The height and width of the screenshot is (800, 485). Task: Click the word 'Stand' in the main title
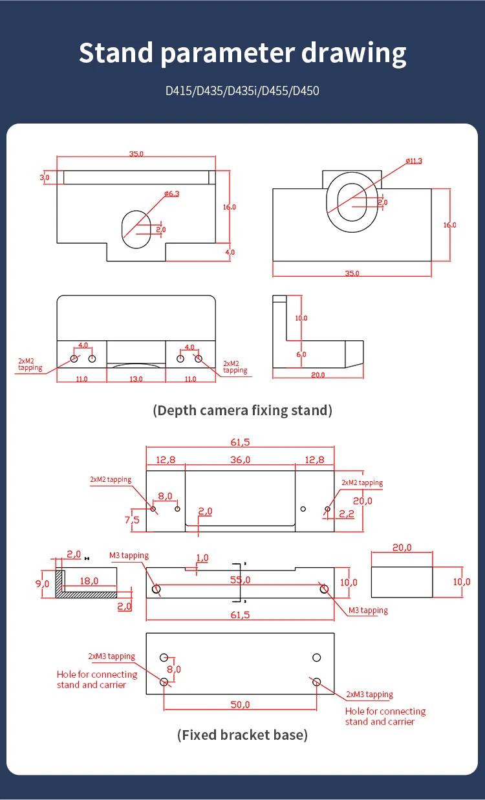point(116,52)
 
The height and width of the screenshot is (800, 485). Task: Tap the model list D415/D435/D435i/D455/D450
point(242,91)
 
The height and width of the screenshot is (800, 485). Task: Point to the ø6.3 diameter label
point(171,193)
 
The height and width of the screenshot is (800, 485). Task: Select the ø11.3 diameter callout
point(414,160)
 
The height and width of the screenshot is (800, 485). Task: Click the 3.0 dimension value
point(45,177)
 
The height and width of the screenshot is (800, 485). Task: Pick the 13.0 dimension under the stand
point(136,379)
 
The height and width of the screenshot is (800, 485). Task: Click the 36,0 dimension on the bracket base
point(240,459)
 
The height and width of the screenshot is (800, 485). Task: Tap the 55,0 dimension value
point(240,580)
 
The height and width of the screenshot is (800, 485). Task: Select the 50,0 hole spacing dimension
point(240,704)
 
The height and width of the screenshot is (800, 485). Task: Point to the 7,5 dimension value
point(132,519)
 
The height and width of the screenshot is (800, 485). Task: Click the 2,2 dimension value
point(347,514)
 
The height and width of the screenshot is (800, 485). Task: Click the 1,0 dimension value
point(202,557)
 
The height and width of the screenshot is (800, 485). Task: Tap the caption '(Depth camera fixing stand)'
point(242,410)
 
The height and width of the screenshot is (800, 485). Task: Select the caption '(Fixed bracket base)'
point(242,735)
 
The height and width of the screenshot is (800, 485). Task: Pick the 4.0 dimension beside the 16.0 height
point(230,252)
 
